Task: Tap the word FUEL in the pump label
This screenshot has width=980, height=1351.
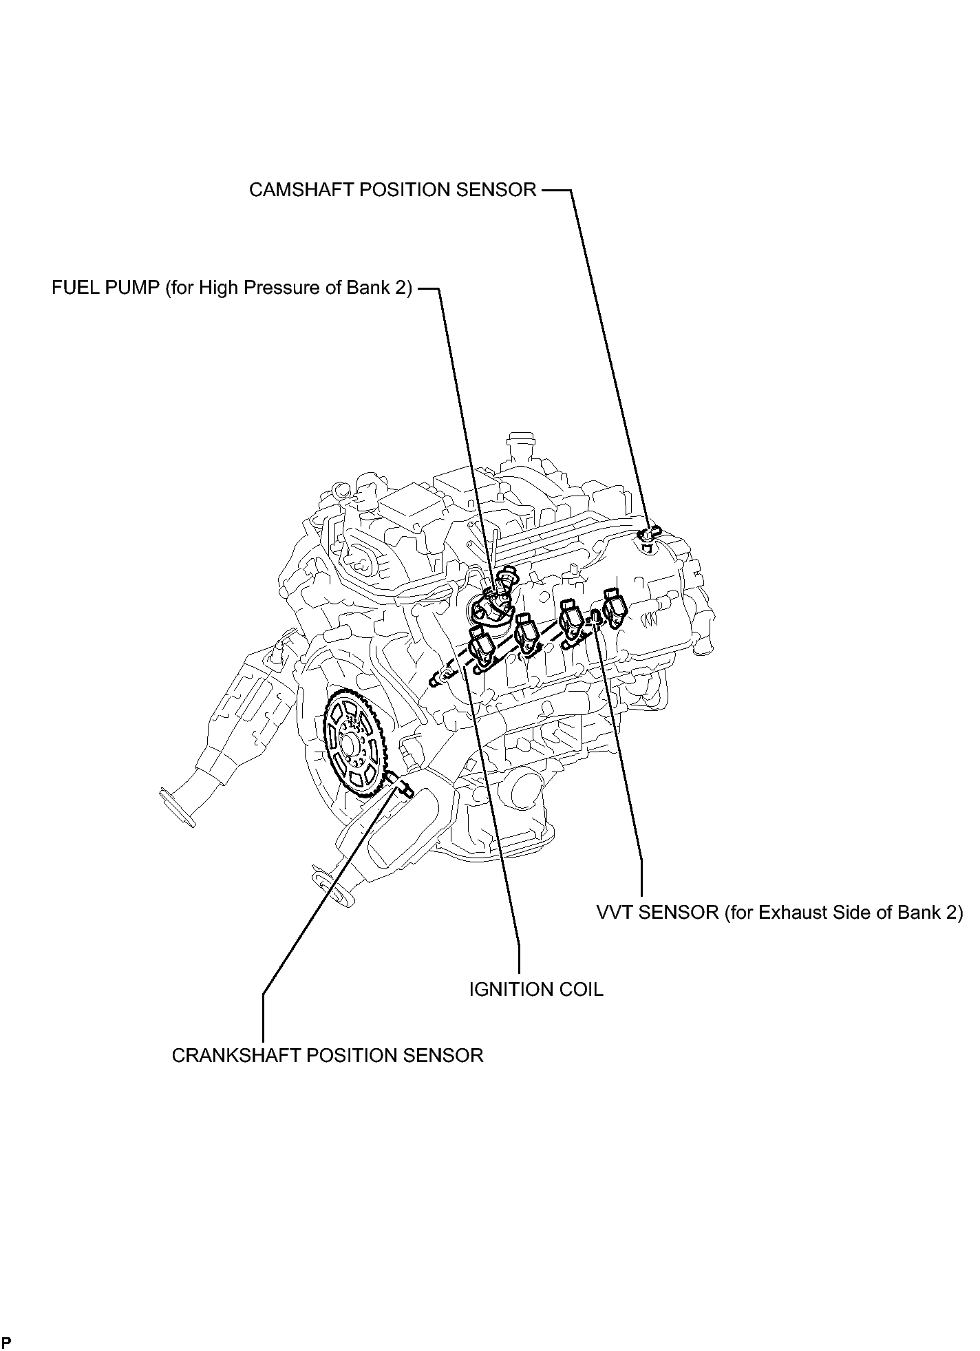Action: pyautogui.click(x=74, y=288)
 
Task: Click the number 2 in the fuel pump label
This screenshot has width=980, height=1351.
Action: pyautogui.click(x=402, y=288)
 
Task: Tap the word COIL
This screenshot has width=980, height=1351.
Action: pyautogui.click(x=582, y=990)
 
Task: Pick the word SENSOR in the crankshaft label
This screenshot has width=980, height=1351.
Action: pyautogui.click(x=446, y=1056)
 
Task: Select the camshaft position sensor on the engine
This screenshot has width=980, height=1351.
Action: pyautogui.click(x=648, y=534)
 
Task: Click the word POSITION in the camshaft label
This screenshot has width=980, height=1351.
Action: pyautogui.click(x=397, y=190)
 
